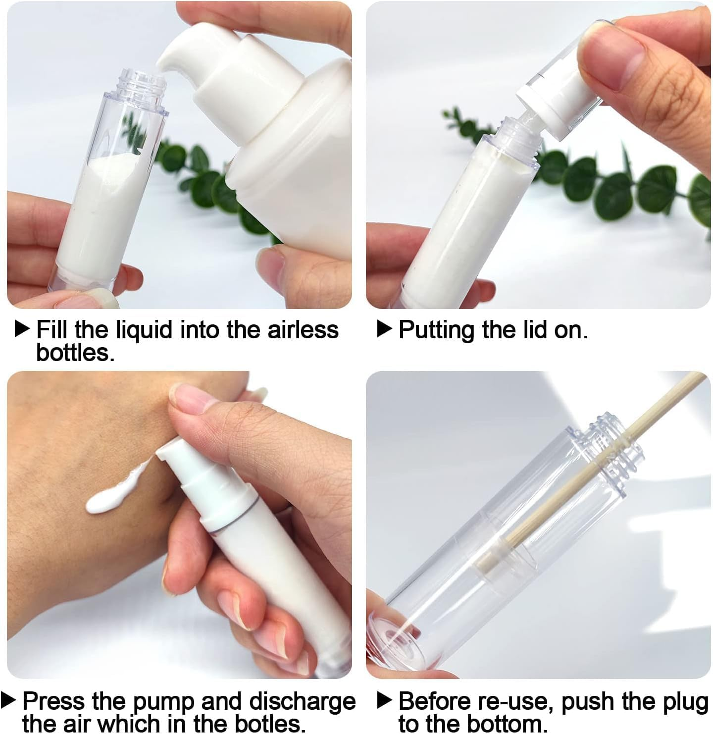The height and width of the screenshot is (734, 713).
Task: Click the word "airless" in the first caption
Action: [303, 330]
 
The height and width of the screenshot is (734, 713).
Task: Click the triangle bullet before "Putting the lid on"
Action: [384, 328]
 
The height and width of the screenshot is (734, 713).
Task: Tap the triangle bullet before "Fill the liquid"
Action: [22, 328]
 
